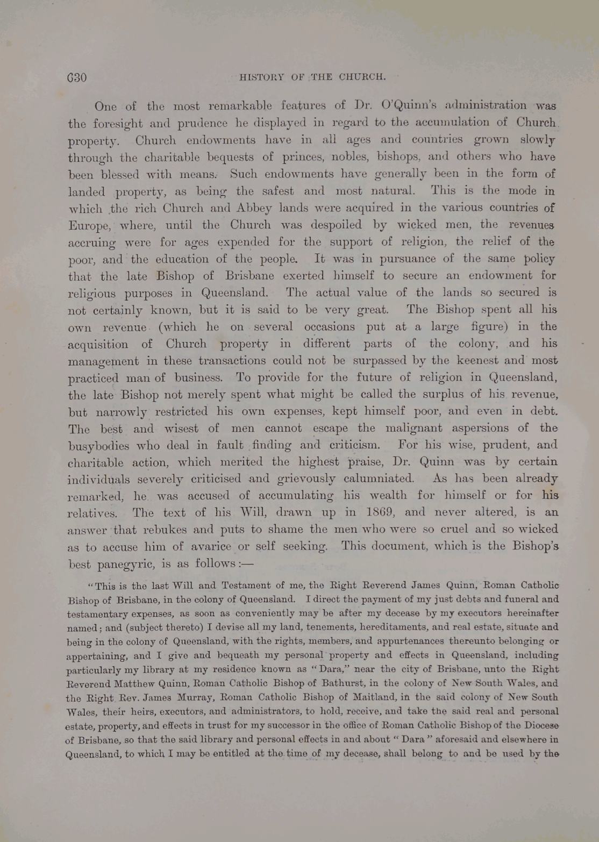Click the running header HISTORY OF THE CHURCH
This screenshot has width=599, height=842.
click(x=312, y=76)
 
